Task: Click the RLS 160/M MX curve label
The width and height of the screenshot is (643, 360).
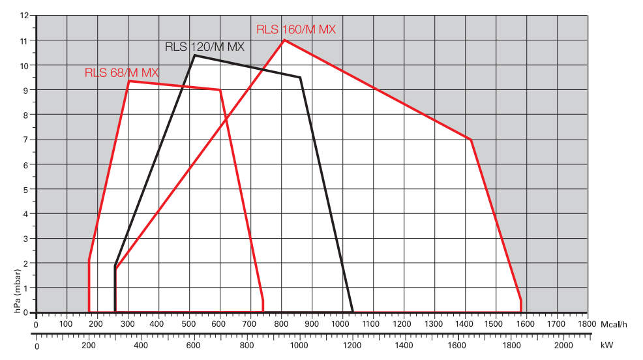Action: [x=295, y=29]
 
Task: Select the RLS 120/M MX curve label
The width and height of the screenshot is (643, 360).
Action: [x=203, y=47]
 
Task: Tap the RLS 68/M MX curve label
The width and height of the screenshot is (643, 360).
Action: [x=121, y=72]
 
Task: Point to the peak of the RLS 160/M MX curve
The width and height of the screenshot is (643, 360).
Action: [x=284, y=40]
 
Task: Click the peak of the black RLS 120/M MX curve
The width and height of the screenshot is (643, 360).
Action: [x=194, y=55]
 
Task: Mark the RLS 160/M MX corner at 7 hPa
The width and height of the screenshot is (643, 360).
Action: [x=470, y=140]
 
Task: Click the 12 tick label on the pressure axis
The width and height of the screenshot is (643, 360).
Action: [x=24, y=15]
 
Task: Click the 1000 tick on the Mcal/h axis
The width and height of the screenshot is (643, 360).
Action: [x=342, y=323]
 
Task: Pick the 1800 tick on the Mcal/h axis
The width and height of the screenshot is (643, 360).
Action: [x=586, y=323]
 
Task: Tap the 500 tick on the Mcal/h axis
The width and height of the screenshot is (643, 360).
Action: [x=188, y=323]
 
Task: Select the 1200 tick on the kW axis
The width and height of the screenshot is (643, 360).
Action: [x=351, y=346]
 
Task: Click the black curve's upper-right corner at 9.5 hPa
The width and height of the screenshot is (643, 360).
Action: [x=300, y=78]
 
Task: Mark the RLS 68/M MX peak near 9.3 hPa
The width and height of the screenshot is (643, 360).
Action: [x=128, y=81]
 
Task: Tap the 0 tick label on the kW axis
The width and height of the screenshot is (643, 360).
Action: [x=37, y=346]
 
